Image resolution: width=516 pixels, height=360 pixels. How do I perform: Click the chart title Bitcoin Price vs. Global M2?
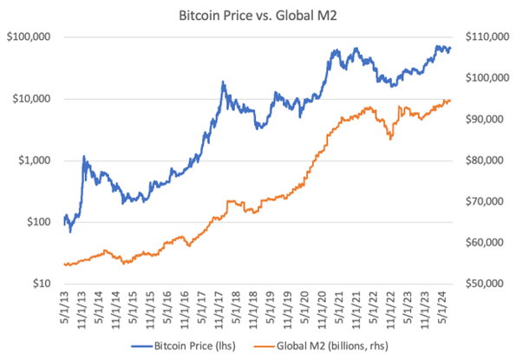click(258, 15)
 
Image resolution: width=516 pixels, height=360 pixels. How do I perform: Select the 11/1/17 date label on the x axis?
click(221, 308)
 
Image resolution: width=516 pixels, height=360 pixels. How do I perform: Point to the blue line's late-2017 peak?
click(223, 82)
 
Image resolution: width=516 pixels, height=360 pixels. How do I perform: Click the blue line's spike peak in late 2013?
click(84, 157)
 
